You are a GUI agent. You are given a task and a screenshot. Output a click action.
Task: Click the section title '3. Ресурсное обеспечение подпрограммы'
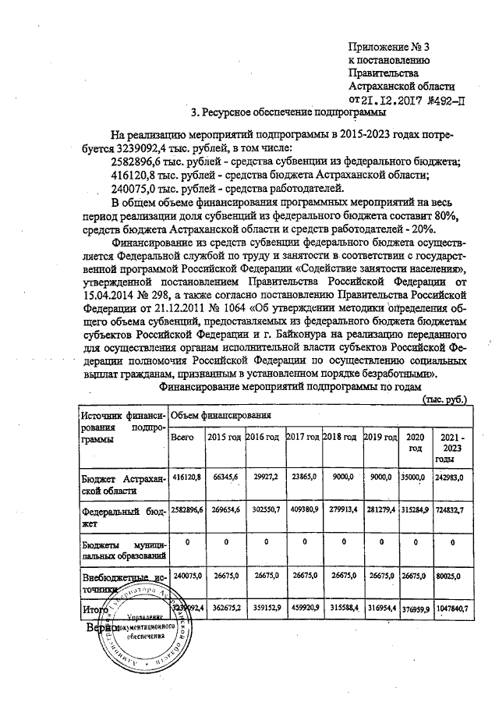point(288,112)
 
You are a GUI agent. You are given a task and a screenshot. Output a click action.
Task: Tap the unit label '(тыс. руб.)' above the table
point(444,399)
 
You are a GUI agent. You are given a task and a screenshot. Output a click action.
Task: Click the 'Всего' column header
point(182,438)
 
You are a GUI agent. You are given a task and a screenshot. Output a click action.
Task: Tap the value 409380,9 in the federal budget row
point(303,512)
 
